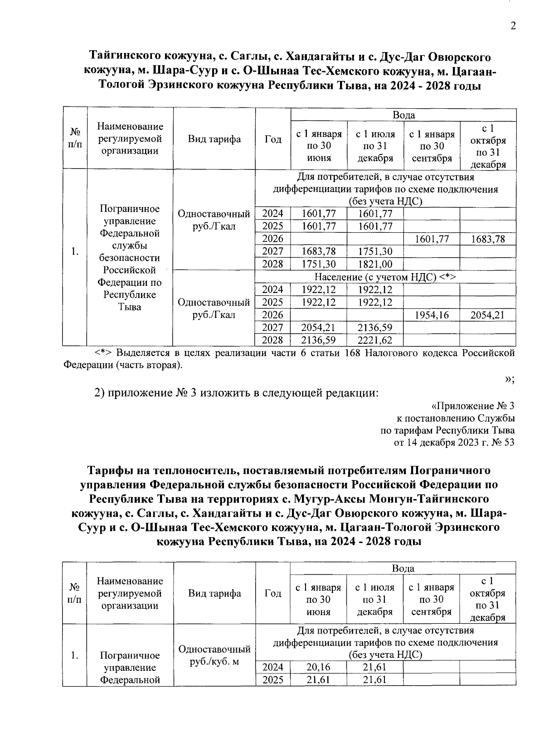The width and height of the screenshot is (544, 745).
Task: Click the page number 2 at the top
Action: click(x=513, y=26)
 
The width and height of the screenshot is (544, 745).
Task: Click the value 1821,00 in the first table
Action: click(x=374, y=264)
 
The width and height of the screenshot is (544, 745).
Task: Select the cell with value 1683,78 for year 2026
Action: click(x=487, y=239)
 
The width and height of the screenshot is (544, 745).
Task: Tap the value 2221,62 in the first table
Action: click(x=374, y=340)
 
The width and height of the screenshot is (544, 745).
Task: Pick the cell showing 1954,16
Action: click(x=431, y=315)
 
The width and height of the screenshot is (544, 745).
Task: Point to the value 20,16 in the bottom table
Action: click(x=318, y=667)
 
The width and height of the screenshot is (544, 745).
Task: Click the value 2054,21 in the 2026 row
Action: click(x=487, y=315)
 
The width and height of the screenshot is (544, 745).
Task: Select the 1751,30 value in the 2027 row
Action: click(x=374, y=251)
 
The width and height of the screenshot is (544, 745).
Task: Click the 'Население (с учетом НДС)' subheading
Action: click(x=385, y=277)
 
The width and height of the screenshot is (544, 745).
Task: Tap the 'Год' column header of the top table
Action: click(x=273, y=139)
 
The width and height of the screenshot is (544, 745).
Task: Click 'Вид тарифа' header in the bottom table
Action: click(x=214, y=593)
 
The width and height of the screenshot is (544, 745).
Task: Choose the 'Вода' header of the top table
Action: click(x=403, y=115)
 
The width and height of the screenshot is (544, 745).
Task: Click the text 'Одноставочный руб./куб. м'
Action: click(x=214, y=655)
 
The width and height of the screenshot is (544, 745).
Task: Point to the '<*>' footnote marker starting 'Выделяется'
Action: click(x=103, y=353)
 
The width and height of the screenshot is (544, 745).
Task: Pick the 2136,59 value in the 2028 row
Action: click(x=318, y=340)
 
